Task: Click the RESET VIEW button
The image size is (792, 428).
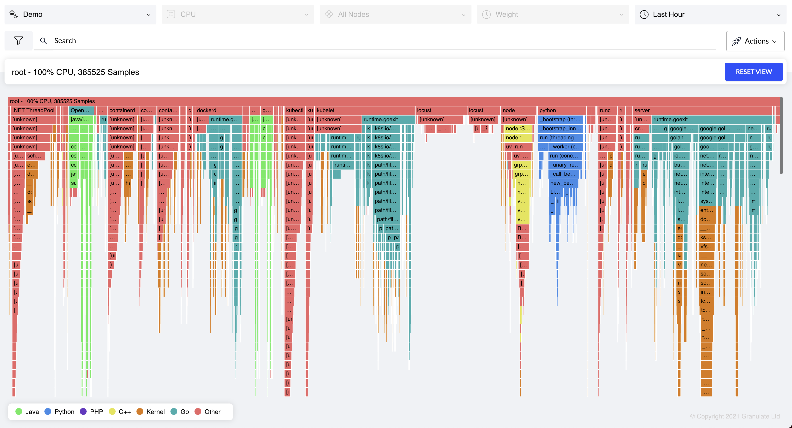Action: (753, 72)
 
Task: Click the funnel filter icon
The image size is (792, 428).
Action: (18, 40)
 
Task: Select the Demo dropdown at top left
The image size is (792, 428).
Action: (80, 15)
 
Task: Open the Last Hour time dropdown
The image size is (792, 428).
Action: (710, 15)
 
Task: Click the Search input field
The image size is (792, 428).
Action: (369, 41)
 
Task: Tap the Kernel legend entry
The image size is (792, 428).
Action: (151, 412)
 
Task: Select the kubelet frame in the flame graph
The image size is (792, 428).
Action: (364, 110)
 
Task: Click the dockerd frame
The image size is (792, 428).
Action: (218, 110)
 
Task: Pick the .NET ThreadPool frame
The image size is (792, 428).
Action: (33, 110)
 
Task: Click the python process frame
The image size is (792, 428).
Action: (560, 110)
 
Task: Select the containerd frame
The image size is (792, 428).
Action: (122, 110)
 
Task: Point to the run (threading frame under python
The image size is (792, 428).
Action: (560, 138)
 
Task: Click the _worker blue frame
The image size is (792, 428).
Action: (565, 147)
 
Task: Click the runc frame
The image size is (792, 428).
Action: (607, 110)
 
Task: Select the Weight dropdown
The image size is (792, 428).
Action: (552, 15)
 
